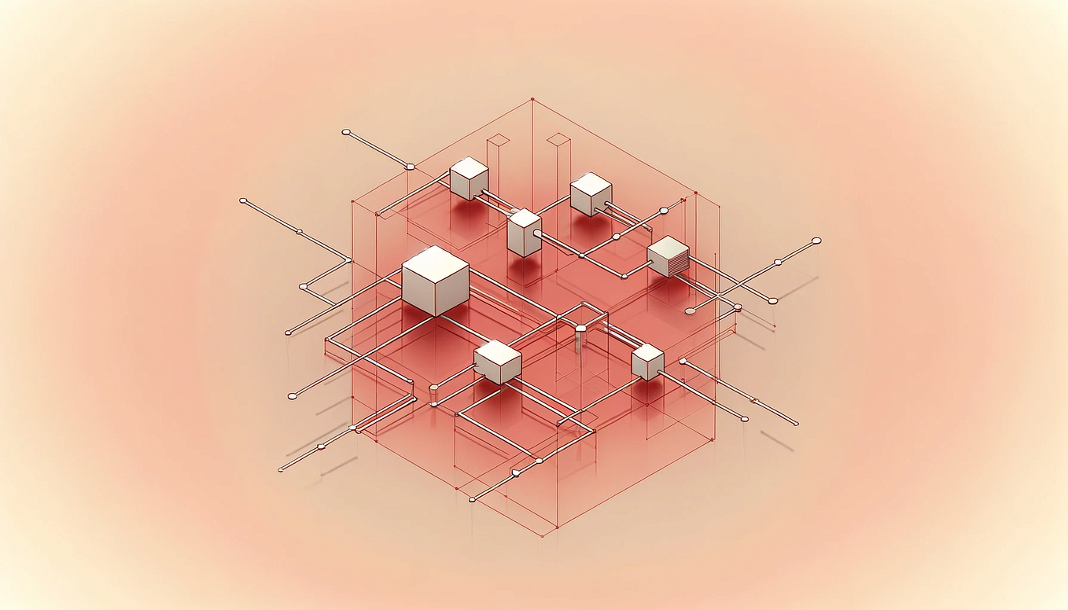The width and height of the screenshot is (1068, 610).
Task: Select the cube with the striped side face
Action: pos(668,256)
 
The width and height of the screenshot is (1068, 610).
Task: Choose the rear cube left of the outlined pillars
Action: pos(469,178)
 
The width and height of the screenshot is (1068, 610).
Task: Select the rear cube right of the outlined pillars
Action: pos(591,194)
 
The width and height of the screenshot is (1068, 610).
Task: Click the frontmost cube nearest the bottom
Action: pos(498,362)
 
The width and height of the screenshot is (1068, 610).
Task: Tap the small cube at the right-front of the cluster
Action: pos(647,362)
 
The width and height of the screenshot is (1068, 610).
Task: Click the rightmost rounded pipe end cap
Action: pos(816,241)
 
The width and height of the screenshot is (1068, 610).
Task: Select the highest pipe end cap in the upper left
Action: pos(345,132)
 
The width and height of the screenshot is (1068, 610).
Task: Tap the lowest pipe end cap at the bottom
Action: pos(472,499)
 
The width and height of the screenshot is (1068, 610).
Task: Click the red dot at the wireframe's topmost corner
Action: pos(532,100)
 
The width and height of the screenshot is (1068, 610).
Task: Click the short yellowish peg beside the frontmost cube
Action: pos(433,388)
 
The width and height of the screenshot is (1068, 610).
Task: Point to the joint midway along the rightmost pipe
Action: pos(777,262)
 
